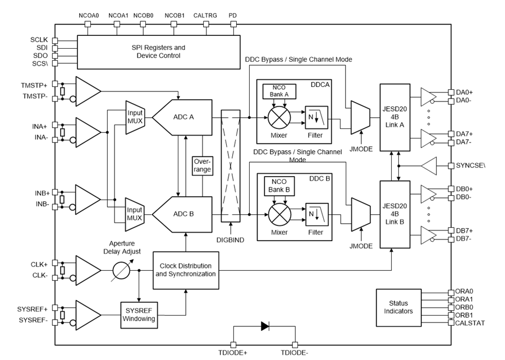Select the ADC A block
182,117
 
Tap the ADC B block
182,213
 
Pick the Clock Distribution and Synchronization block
185,270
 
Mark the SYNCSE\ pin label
470,166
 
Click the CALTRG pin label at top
203,15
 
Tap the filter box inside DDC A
316,117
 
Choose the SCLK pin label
40,40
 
